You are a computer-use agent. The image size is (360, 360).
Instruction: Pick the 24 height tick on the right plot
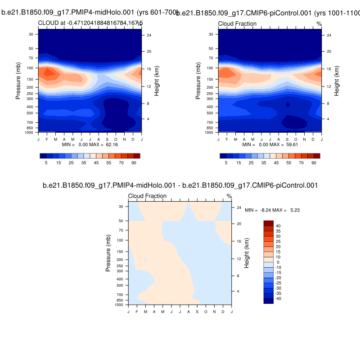click(x=329, y=36)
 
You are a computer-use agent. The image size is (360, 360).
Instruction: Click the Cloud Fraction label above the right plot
click(x=237, y=24)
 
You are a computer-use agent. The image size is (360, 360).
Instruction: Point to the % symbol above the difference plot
click(x=229, y=196)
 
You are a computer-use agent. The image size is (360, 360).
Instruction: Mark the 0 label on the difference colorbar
click(x=278, y=262)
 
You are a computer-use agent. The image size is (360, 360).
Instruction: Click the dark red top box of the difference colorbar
click(x=269, y=223)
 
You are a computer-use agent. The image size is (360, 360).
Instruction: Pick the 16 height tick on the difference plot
click(x=238, y=241)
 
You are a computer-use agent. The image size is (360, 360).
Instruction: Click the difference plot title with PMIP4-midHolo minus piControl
click(x=180, y=185)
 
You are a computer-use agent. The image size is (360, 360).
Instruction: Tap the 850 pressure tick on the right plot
click(x=209, y=128)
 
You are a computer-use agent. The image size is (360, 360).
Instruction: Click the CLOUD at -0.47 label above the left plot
click(x=90, y=23)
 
